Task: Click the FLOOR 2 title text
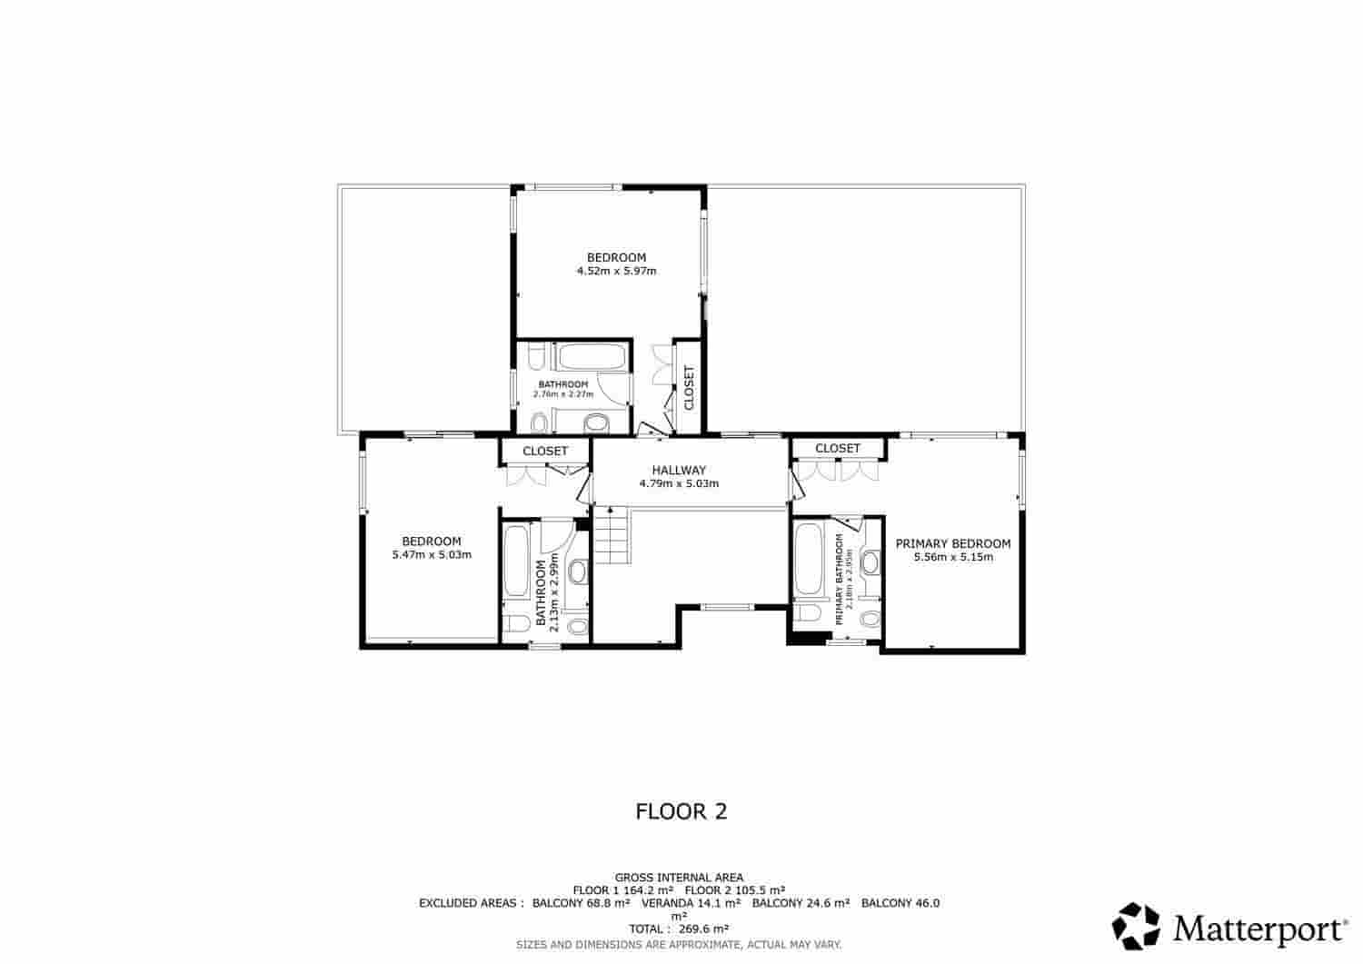point(681,811)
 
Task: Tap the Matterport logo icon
point(1137,926)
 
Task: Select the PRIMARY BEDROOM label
point(952,543)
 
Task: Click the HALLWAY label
point(678,470)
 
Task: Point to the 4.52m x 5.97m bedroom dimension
point(616,271)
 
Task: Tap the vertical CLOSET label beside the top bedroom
point(689,388)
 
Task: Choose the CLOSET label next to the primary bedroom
point(837,448)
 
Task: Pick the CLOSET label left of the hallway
point(544,451)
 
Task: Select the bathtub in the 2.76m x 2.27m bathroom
point(591,357)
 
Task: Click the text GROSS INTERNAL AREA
point(679,878)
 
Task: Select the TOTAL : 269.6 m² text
point(679,929)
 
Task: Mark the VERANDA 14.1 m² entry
point(691,903)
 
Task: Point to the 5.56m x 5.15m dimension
point(952,557)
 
